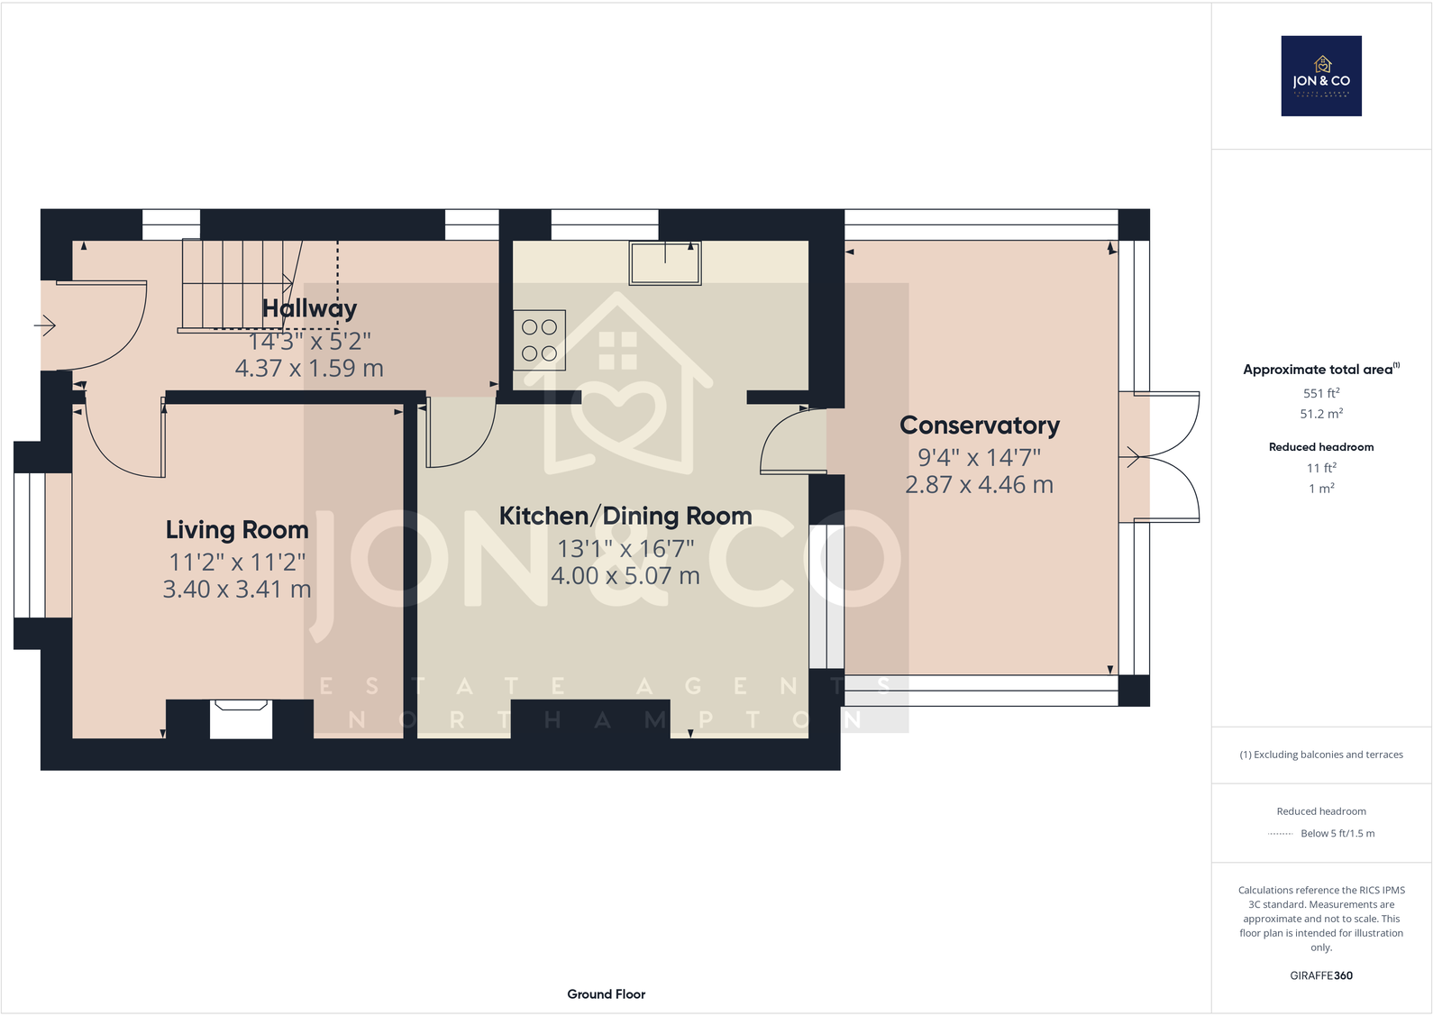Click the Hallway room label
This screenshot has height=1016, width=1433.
pos(309,308)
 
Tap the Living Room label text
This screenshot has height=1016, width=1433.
pos(237,530)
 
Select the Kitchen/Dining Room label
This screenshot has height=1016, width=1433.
pos(625,516)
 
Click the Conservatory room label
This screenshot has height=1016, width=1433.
pos(980,425)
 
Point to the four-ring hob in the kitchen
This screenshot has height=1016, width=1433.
pos(539,341)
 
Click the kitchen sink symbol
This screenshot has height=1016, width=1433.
pos(665,263)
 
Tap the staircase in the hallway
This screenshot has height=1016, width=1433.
pos(236,284)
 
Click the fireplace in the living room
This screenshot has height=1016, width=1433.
pos(241,719)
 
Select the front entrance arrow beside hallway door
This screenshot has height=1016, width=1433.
pos(45,325)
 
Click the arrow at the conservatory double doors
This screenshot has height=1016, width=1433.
pos(1130,457)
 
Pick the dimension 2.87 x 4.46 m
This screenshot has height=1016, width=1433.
pos(979,485)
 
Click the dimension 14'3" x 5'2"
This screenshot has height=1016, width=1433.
pos(309,341)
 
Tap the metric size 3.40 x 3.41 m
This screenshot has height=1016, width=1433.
pos(237,590)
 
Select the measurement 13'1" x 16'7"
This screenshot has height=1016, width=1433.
pos(625,548)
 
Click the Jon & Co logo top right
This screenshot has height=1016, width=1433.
pos(1321,76)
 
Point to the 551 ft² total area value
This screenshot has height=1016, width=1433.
pos(1321,393)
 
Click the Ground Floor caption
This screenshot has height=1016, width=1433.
pos(606,993)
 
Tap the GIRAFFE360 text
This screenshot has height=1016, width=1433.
pos(1321,975)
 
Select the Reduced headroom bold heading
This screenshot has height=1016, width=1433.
pos(1321,447)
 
